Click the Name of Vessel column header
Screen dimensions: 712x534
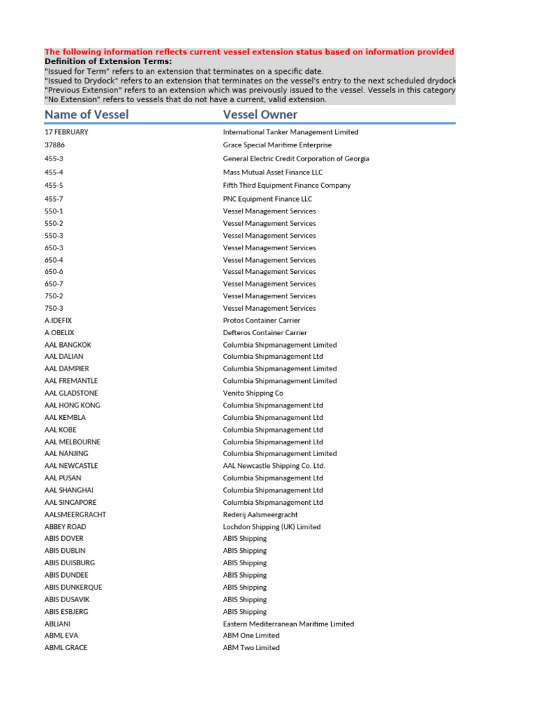[x=86, y=115]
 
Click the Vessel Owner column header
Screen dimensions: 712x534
[x=260, y=115]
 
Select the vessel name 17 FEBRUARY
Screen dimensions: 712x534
[x=66, y=132]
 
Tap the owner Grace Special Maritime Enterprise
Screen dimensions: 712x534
[x=277, y=145]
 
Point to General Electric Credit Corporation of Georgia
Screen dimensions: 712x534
[x=296, y=159]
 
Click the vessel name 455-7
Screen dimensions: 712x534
[x=54, y=199]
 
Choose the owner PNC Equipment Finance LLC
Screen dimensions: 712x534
[x=268, y=199]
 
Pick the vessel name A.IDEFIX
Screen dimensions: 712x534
[x=58, y=321]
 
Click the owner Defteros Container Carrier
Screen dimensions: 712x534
[x=265, y=332]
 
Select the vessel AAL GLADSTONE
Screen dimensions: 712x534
[x=71, y=393]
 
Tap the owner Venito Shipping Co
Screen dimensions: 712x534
[x=253, y=393]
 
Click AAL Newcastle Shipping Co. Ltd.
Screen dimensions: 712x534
[x=274, y=466]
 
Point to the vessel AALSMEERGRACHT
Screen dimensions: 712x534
[x=75, y=515]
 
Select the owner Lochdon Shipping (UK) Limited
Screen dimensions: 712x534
[x=272, y=527]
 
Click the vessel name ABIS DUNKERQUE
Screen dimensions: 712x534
[x=73, y=588]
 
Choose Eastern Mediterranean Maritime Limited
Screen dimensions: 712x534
[x=289, y=624]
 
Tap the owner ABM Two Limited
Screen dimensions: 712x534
[x=251, y=648]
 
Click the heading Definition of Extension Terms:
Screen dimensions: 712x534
[x=108, y=61]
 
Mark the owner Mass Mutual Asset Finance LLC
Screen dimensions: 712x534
[x=273, y=172]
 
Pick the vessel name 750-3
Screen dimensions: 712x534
[x=54, y=308]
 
